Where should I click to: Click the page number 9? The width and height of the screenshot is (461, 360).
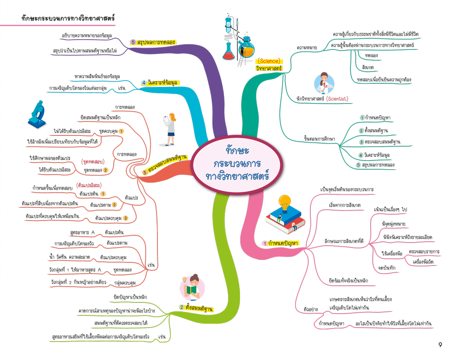pyautogui.click(x=440, y=345)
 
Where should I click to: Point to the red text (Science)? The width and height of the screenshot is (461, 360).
pyautogui.click(x=269, y=61)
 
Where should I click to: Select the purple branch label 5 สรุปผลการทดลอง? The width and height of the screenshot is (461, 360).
pyautogui.click(x=153, y=42)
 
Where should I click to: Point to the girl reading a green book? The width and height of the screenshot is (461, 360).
pyautogui.click(x=192, y=288)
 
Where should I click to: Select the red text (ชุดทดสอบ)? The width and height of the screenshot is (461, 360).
pyautogui.click(x=93, y=161)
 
